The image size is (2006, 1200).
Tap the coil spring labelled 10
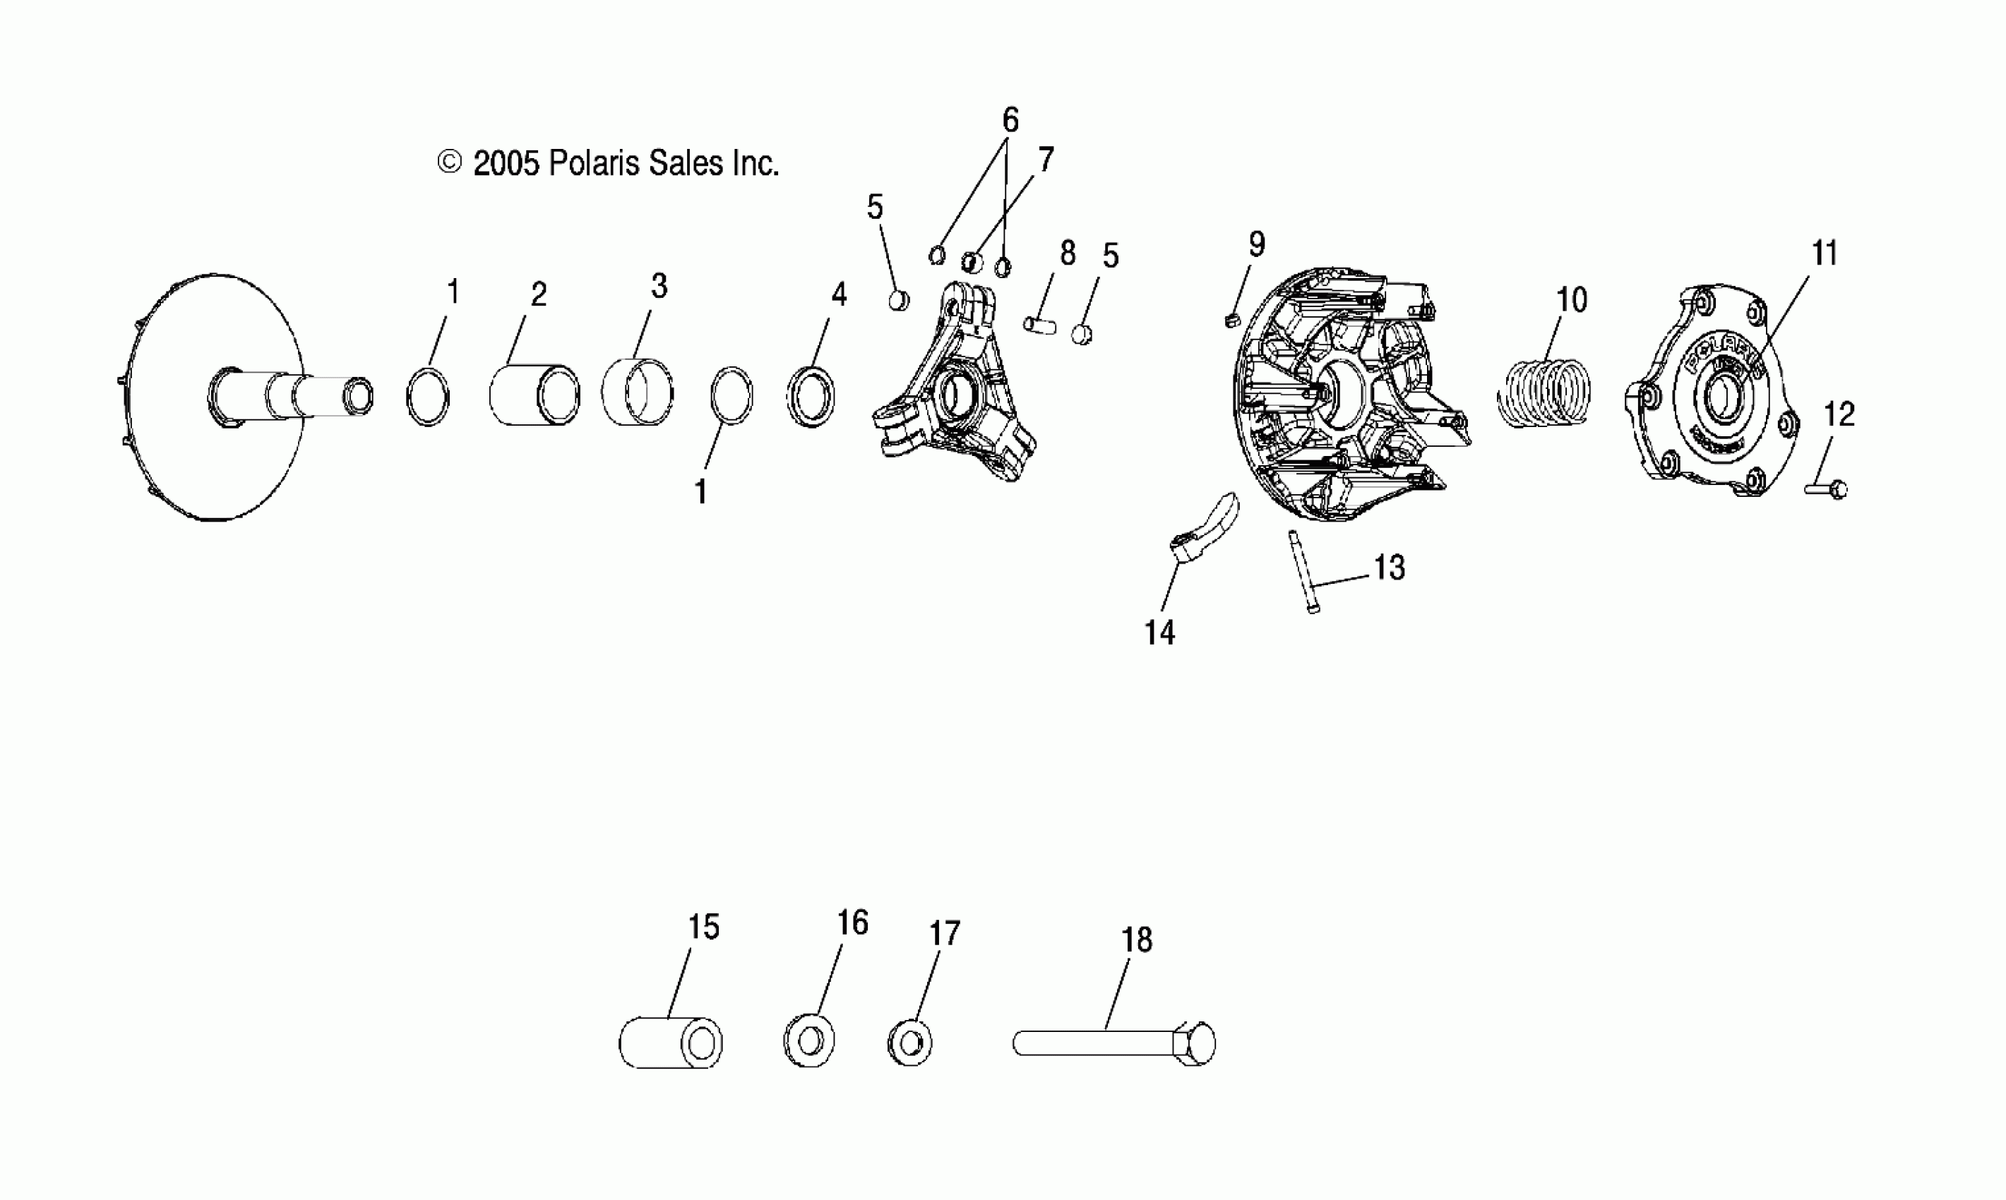coord(1544,393)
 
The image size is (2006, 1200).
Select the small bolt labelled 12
coord(1828,488)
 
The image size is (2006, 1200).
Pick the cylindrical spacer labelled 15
coord(671,1043)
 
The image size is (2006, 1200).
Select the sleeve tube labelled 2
coord(534,395)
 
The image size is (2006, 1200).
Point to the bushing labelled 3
coord(638,392)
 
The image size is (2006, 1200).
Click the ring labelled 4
coord(811,397)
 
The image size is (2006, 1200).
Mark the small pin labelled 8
coord(1039,324)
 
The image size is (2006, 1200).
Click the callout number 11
coord(1825,253)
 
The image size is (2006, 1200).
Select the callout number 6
coord(1010,121)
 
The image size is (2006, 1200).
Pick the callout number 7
coord(1046,160)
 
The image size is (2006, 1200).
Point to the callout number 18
coord(1137,940)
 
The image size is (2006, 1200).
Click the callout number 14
coord(1159,632)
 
